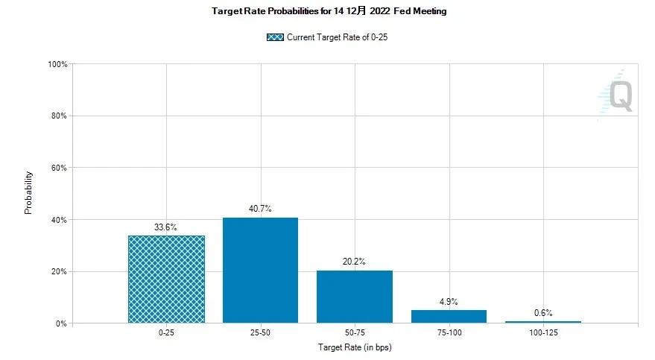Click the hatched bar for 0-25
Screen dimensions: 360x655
[x=166, y=280]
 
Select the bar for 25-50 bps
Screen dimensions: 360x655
[x=260, y=271]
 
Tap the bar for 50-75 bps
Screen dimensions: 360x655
[x=355, y=297]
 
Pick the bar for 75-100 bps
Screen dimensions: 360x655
[x=449, y=317]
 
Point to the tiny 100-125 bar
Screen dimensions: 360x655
[x=543, y=322]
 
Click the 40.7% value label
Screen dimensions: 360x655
[x=260, y=209]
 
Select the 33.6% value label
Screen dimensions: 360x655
[x=165, y=227]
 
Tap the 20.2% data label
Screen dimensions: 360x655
[x=355, y=262]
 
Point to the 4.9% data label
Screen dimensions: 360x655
[x=449, y=302]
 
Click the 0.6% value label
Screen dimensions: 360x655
[x=543, y=313]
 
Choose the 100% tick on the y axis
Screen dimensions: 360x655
[x=57, y=65]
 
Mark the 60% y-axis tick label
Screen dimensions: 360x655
[x=59, y=168]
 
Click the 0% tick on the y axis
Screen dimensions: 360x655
[x=61, y=323]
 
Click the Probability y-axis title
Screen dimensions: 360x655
[x=29, y=194]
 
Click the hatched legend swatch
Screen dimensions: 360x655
[x=274, y=37]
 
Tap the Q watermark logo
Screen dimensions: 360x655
[x=621, y=95]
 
